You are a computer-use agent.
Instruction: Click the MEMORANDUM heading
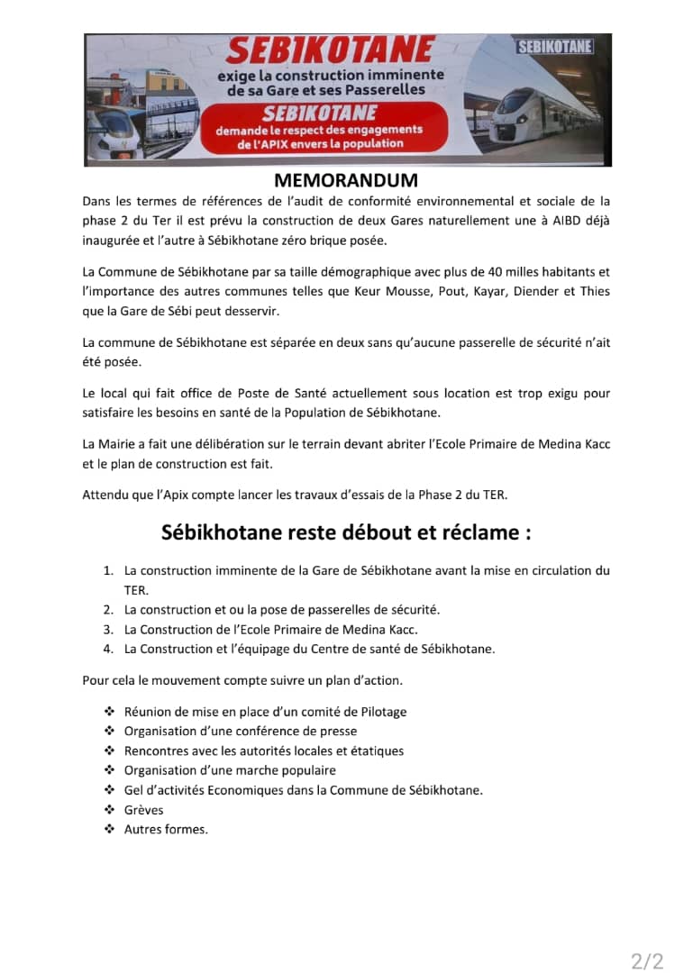coord(346,181)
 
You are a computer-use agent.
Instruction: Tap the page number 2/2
coord(647,961)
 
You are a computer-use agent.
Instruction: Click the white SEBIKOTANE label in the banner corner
coord(555,47)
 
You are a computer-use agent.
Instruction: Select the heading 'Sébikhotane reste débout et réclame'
coord(346,532)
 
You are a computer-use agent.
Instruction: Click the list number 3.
coord(107,630)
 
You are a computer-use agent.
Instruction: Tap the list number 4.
coord(107,649)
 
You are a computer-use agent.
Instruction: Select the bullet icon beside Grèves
coord(109,810)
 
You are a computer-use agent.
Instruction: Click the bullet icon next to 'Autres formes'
coord(109,829)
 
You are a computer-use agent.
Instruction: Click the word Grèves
coord(144,810)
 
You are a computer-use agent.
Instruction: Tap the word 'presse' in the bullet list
coord(339,731)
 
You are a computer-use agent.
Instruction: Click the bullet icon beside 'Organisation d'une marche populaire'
coord(109,770)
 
